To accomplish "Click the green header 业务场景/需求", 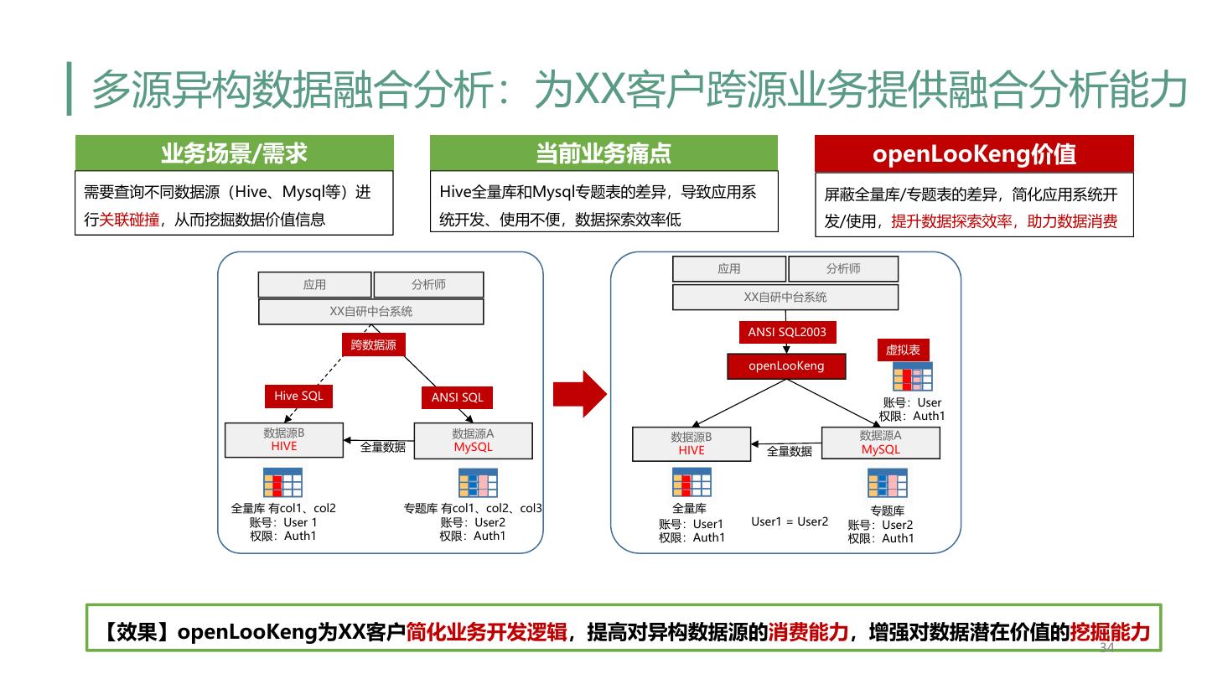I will tap(234, 153).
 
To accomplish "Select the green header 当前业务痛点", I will tap(603, 153).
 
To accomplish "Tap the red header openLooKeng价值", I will tap(974, 154).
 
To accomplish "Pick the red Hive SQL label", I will tap(298, 396).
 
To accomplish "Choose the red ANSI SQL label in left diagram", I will tap(457, 397).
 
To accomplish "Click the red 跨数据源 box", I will tap(373, 345).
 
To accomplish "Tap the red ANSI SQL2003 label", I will tap(787, 332).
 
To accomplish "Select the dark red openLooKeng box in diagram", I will tap(786, 365).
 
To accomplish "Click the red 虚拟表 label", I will tap(903, 350).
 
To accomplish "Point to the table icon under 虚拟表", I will tap(912, 377).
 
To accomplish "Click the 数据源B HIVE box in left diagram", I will tap(284, 440).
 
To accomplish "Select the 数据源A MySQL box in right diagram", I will tap(880, 443).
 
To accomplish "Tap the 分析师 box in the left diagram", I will tap(428, 284).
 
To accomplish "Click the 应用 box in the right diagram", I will tap(729, 268).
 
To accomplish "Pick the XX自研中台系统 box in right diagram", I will tap(785, 297).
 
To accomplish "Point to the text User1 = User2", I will tap(790, 521).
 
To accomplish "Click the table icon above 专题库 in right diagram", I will tap(887, 484).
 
